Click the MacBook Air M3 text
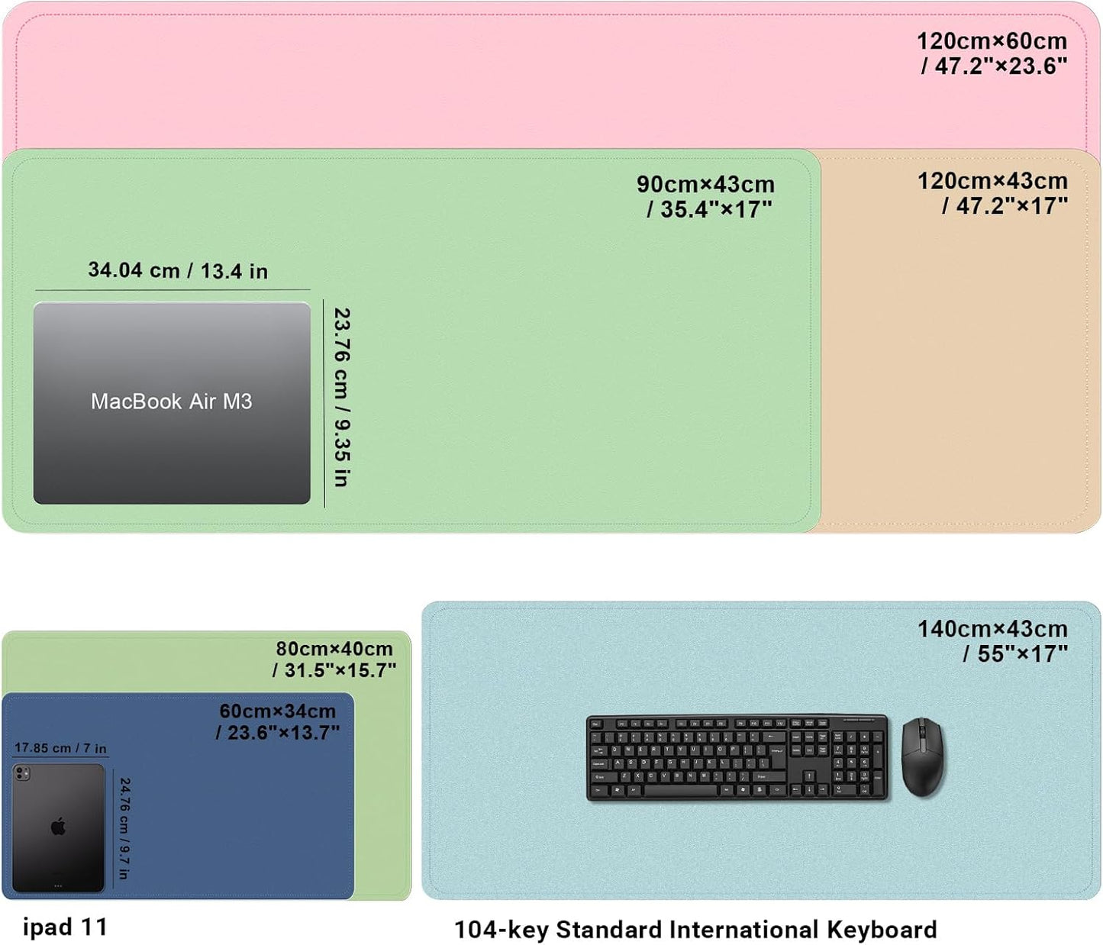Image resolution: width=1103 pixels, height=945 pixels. click(171, 402)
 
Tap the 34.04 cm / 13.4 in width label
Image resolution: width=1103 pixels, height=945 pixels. click(178, 271)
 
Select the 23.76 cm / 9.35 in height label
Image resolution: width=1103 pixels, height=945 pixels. click(342, 397)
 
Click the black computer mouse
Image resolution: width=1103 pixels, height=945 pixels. click(922, 756)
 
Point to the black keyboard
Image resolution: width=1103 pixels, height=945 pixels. click(737, 757)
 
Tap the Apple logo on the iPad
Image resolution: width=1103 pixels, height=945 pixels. click(58, 827)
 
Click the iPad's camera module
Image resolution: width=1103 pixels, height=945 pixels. click(22, 774)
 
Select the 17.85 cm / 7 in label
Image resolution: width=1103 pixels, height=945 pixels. click(60, 748)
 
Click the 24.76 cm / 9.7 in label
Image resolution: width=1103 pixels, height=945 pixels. click(124, 828)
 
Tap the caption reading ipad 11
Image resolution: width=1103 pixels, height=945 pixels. click(65, 927)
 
